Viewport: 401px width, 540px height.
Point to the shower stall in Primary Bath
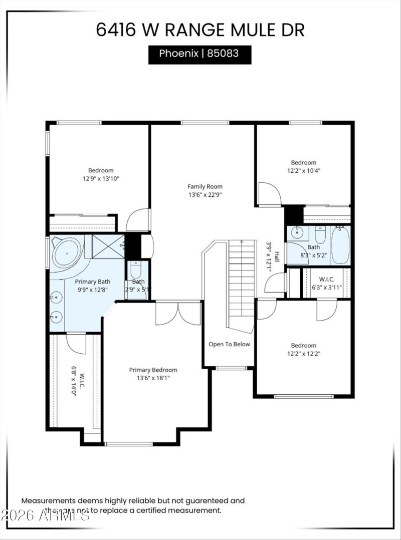click(x=107, y=246)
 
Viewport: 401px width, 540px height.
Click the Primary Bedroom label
click(x=153, y=370)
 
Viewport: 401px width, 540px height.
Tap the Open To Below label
click(x=229, y=344)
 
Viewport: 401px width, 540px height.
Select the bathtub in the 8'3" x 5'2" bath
click(x=340, y=245)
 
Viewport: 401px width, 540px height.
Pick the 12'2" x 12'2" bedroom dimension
click(x=304, y=353)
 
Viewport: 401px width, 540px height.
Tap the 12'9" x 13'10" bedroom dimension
click(x=101, y=178)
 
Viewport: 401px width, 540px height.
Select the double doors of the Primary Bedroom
click(x=177, y=313)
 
